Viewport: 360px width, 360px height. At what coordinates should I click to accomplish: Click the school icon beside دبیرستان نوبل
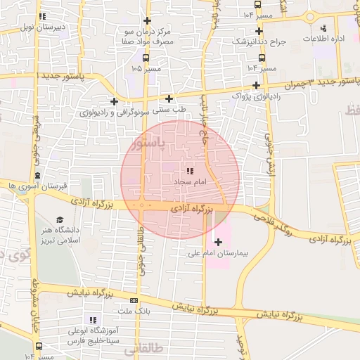[x=43, y=16]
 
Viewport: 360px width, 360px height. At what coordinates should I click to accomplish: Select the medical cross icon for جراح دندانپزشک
[x=259, y=31]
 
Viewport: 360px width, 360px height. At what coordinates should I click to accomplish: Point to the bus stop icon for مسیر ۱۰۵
[x=146, y=58]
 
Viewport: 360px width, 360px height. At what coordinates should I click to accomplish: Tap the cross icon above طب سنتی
[x=169, y=98]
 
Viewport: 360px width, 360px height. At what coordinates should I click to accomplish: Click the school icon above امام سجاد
[x=190, y=171]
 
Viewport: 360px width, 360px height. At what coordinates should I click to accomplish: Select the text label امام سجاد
[x=189, y=181]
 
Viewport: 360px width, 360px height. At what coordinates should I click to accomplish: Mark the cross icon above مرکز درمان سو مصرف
[x=147, y=20]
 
